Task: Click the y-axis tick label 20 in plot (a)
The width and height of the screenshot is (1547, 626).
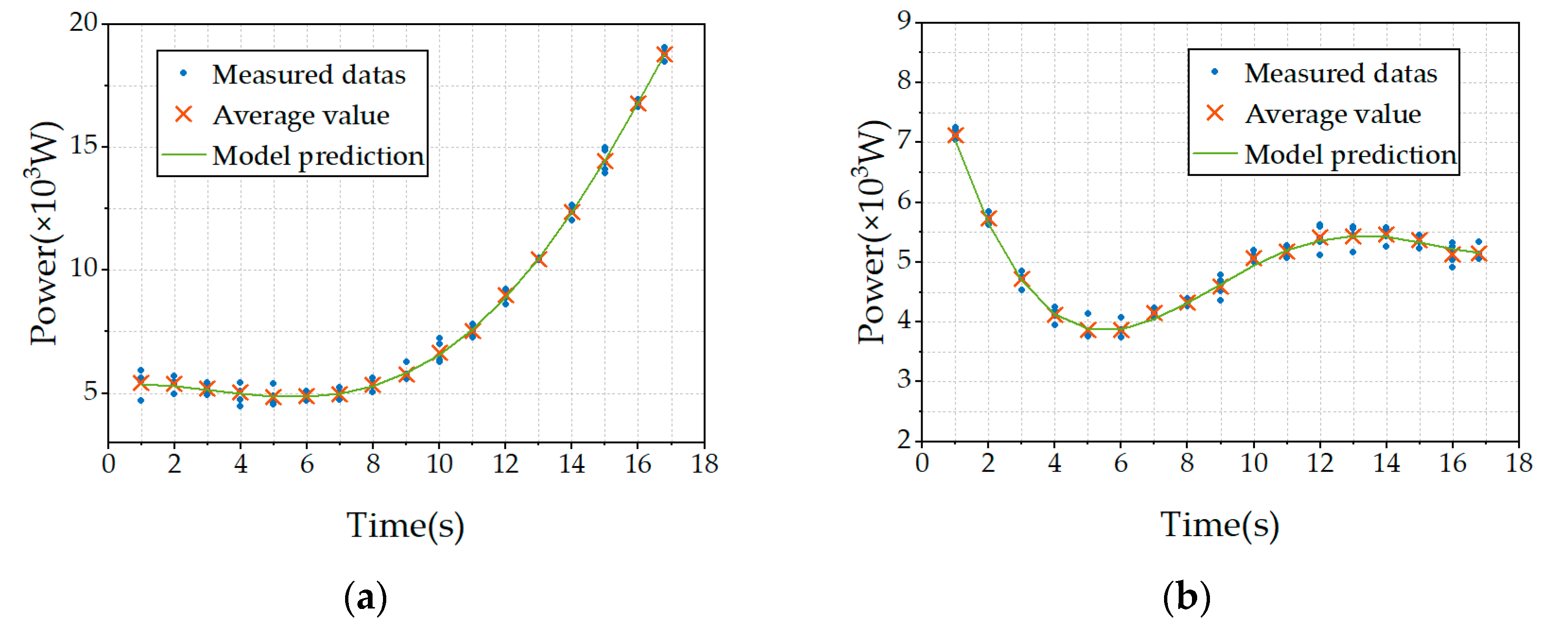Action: (83, 23)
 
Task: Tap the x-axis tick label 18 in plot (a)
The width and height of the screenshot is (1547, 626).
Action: (704, 464)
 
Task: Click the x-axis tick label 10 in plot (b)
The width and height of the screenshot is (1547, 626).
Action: (1254, 463)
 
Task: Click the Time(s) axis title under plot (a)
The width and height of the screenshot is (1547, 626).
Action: (405, 526)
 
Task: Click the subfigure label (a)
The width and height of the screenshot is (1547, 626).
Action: (365, 598)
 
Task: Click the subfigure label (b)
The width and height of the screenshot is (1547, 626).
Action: (1186, 598)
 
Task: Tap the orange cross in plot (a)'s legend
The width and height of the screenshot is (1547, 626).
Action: (184, 114)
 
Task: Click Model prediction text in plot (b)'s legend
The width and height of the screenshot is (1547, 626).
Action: (1350, 155)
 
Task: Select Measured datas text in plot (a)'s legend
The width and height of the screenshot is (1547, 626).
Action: (309, 74)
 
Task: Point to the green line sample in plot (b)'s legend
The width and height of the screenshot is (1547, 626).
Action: (1214, 154)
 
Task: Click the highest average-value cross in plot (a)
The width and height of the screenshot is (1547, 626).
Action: (664, 54)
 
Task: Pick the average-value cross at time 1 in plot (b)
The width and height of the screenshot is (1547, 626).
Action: (955, 135)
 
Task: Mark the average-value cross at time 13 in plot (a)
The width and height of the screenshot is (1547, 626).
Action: (539, 259)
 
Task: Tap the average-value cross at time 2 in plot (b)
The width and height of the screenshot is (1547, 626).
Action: (988, 219)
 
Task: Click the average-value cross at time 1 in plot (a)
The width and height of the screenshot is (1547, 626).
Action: (141, 382)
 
